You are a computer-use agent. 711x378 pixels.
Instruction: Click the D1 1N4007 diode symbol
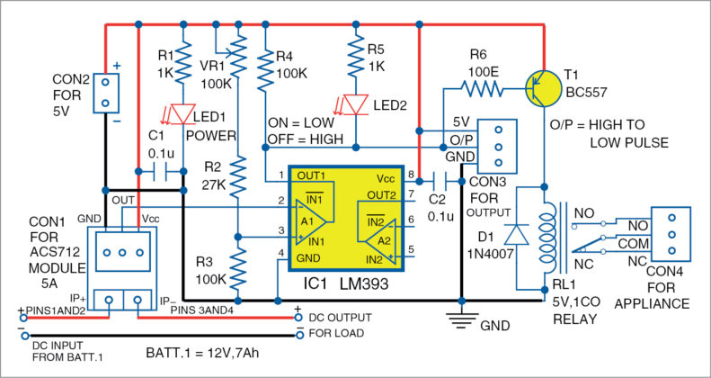514,234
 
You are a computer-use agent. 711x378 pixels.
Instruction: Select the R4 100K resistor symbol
265,71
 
